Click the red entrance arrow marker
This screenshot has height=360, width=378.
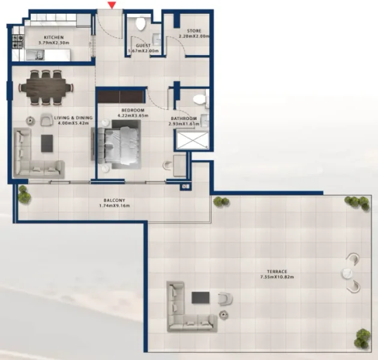111,5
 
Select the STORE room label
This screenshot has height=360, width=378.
193,31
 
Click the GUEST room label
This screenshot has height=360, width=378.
142,45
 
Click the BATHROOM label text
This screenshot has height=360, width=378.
183,118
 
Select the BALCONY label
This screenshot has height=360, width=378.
114,201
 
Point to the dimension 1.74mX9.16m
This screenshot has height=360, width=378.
114,206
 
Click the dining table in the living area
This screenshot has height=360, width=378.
46,86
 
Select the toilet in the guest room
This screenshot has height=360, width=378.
141,23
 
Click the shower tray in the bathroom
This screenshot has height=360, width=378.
191,139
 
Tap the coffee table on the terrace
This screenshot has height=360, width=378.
200,298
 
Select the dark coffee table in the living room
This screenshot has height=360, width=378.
46,143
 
